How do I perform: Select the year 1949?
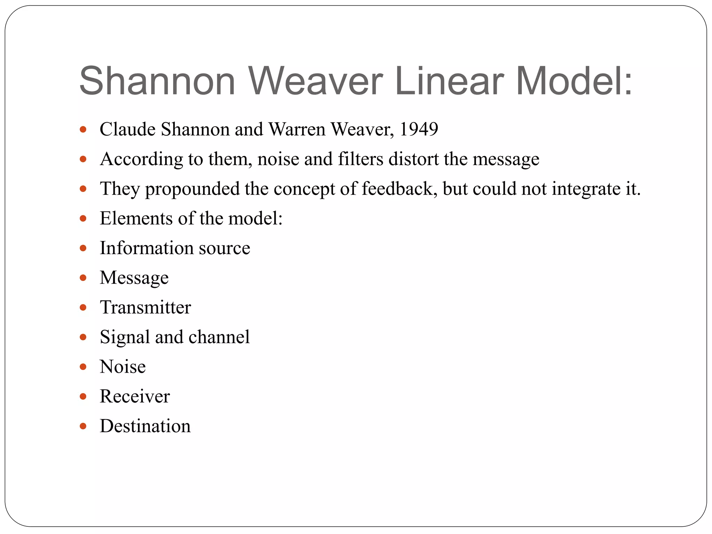tap(419, 129)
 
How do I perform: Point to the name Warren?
tap(297, 129)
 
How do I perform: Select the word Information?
tap(146, 248)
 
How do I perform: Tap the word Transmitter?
tap(145, 307)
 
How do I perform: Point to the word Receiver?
tap(135, 396)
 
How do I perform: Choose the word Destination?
tap(145, 426)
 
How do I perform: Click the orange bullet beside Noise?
tap(83, 367)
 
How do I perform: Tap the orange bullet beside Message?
tap(83, 278)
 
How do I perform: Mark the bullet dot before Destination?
tap(83, 426)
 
